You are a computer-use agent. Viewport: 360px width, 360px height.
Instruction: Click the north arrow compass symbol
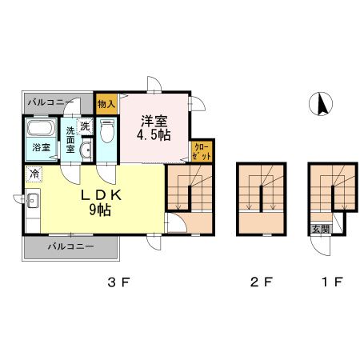point(321,104)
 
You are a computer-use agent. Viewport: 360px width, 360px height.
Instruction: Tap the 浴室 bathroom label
point(42,147)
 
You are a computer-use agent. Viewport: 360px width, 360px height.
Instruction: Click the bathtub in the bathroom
point(41,128)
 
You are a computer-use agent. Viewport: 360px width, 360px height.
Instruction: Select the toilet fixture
point(107,130)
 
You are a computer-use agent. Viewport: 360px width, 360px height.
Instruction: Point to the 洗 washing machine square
point(85,126)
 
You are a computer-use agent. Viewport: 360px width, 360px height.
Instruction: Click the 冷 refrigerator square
point(34,174)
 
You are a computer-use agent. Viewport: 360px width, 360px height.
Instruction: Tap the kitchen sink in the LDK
point(33,201)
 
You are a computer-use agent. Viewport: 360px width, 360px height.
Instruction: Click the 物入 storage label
point(106,104)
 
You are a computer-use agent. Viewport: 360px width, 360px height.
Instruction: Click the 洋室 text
point(154,122)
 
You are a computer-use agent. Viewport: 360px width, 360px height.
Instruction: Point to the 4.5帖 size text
point(154,135)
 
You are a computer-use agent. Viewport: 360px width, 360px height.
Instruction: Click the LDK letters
point(101,196)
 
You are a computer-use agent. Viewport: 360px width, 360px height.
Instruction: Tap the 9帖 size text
point(100,210)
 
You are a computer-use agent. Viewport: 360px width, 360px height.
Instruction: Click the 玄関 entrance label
point(321,230)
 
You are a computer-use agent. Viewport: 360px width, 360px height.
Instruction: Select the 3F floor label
point(118,282)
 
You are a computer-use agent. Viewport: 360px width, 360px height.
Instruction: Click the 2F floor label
point(261,282)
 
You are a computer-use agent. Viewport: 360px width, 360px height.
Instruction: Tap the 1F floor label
point(332,282)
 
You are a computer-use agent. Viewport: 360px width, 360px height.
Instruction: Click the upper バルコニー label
point(50,102)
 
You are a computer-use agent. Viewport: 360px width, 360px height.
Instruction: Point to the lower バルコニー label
point(70,246)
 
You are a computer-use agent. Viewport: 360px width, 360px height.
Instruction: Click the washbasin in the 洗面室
point(86,150)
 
